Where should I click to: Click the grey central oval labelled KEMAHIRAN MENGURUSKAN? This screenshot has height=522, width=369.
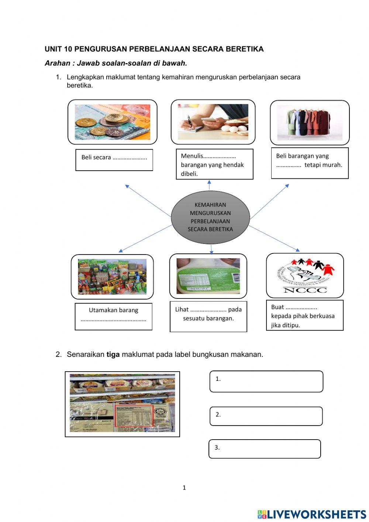[210, 217]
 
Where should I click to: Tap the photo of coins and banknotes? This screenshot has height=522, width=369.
[113, 122]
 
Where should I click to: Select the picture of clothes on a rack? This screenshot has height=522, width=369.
[310, 122]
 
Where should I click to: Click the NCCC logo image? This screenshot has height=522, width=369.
[305, 276]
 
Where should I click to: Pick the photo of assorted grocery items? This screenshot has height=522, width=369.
[112, 277]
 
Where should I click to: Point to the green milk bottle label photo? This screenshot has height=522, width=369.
[208, 276]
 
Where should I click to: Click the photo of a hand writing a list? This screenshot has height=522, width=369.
[213, 122]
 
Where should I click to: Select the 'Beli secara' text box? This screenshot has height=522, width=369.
[114, 160]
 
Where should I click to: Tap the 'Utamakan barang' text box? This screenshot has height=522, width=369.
[114, 316]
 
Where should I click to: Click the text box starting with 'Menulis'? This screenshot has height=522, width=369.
[214, 164]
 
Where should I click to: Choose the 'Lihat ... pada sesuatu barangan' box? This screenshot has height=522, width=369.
[208, 317]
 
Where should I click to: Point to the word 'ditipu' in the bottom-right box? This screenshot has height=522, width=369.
[292, 325]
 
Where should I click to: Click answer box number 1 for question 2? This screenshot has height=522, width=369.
[266, 381]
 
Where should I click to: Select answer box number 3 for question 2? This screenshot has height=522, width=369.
[265, 449]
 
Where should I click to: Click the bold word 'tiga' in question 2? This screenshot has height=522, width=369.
[113, 354]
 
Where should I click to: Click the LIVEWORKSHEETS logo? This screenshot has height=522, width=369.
[312, 514]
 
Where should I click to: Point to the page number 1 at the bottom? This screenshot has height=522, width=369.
[184, 488]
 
